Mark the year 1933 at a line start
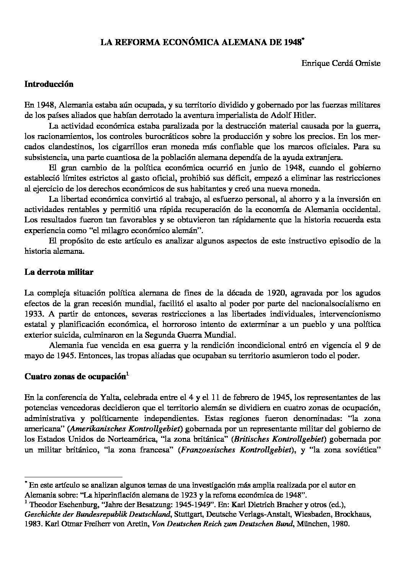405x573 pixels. (x=33, y=314)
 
